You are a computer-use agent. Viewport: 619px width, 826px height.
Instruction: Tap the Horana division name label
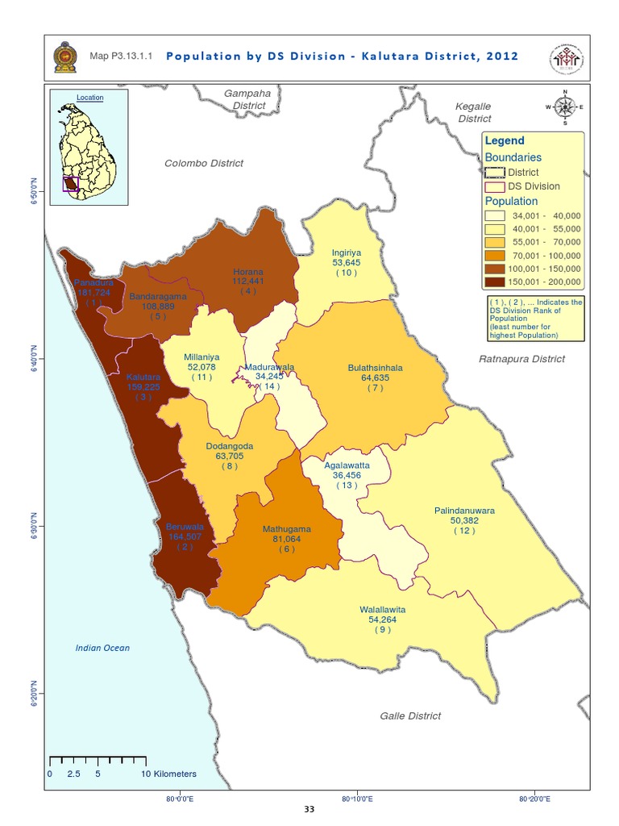(x=248, y=272)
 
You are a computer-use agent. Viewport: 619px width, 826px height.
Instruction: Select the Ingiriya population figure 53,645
(x=347, y=262)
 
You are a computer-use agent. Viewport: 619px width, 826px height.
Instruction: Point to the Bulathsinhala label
(x=375, y=368)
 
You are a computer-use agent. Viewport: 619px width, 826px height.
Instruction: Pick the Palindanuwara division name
(x=464, y=511)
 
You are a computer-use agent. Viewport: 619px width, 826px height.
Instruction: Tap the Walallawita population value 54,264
(x=383, y=619)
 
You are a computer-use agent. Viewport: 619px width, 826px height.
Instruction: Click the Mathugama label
(x=287, y=529)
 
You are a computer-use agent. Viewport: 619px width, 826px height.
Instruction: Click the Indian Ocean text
(x=102, y=648)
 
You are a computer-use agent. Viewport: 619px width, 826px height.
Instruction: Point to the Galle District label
(x=410, y=715)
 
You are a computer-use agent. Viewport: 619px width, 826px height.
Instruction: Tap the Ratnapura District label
(x=522, y=359)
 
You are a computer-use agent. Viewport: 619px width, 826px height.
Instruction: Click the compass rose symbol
(x=565, y=106)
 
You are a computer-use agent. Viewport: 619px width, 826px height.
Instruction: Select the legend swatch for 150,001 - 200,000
(x=495, y=282)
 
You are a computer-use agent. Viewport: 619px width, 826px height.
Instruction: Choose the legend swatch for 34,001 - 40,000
(x=495, y=216)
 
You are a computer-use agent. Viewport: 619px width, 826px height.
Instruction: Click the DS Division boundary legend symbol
(x=495, y=186)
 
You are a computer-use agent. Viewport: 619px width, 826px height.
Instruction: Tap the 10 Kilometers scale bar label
(x=169, y=773)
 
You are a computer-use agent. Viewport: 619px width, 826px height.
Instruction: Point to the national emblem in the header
(x=62, y=57)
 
